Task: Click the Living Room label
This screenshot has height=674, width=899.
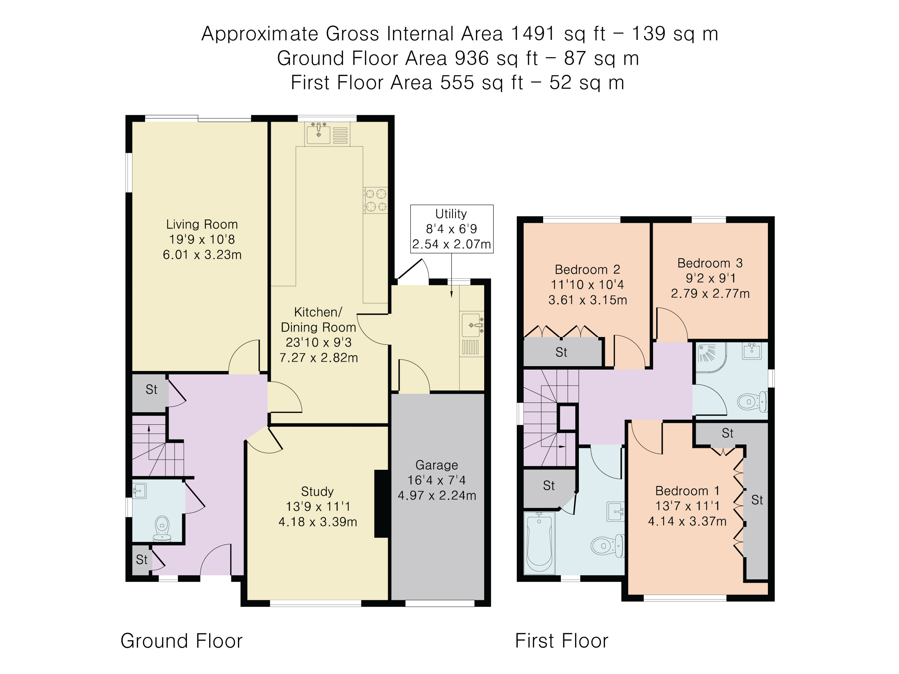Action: pos(202,224)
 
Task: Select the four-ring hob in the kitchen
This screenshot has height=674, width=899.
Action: pos(376,200)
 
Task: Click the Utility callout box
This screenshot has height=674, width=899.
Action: pos(452,229)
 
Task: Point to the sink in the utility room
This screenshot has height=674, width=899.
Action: pos(472,325)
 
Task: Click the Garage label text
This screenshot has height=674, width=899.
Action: pos(437,465)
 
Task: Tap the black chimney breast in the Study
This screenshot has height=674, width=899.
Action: pos(382,504)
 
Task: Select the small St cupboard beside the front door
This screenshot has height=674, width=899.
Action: pos(142,560)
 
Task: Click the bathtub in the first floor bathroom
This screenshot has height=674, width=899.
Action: pos(539,544)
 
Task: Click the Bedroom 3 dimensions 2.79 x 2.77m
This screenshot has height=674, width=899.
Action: pos(710,293)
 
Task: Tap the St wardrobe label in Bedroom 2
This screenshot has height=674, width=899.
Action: pos(561,352)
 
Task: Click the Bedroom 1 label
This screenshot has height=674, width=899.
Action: pos(687,491)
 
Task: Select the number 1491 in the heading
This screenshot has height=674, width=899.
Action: pos(532,34)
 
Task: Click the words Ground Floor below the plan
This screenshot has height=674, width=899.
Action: pos(181,641)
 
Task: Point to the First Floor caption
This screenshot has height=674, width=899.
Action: pos(561,641)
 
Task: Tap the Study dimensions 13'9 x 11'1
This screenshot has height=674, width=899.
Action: pos(317,507)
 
